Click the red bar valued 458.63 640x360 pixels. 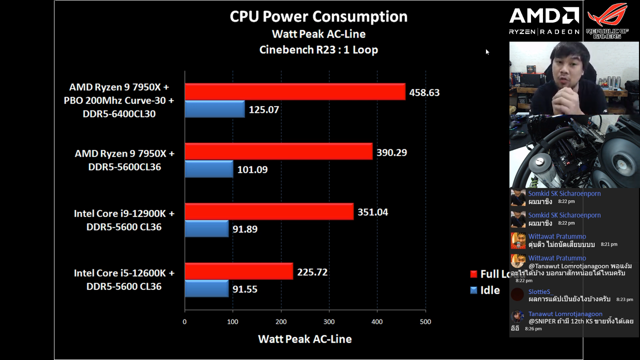point(295,91)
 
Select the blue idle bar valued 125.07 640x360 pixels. point(214,109)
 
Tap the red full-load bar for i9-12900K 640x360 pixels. point(269,211)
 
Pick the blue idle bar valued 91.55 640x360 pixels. point(206,288)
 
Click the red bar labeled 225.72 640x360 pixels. point(238,271)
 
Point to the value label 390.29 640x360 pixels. point(391,152)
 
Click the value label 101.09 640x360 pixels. point(252,169)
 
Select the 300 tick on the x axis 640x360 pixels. point(329,322)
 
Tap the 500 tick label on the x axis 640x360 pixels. point(425,322)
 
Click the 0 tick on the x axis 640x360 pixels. point(185,322)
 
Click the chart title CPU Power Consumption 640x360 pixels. point(318,16)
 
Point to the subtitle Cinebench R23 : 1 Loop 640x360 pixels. point(318,50)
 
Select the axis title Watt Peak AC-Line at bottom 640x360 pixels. point(304,339)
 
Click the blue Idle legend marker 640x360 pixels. point(474,290)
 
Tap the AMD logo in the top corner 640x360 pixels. point(544,16)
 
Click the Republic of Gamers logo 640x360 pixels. point(607,20)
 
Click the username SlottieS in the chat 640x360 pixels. point(539,291)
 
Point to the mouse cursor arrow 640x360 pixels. point(487,51)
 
